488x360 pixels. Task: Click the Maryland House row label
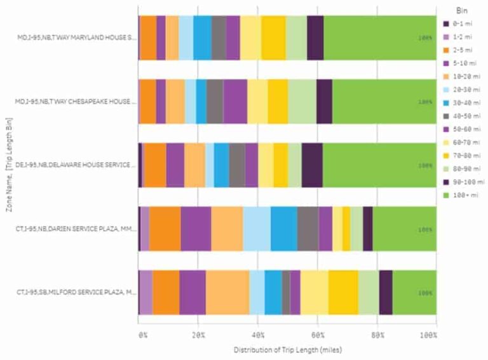tap(76, 38)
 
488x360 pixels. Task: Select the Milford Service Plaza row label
tap(76, 293)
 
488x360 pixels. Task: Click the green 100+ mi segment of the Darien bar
tap(404, 229)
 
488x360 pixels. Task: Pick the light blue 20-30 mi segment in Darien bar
tap(257, 229)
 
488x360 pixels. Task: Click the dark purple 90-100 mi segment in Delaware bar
tap(312, 165)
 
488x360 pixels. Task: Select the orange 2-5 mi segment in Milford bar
tap(165, 293)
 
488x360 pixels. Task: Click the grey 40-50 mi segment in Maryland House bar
tap(219, 38)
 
